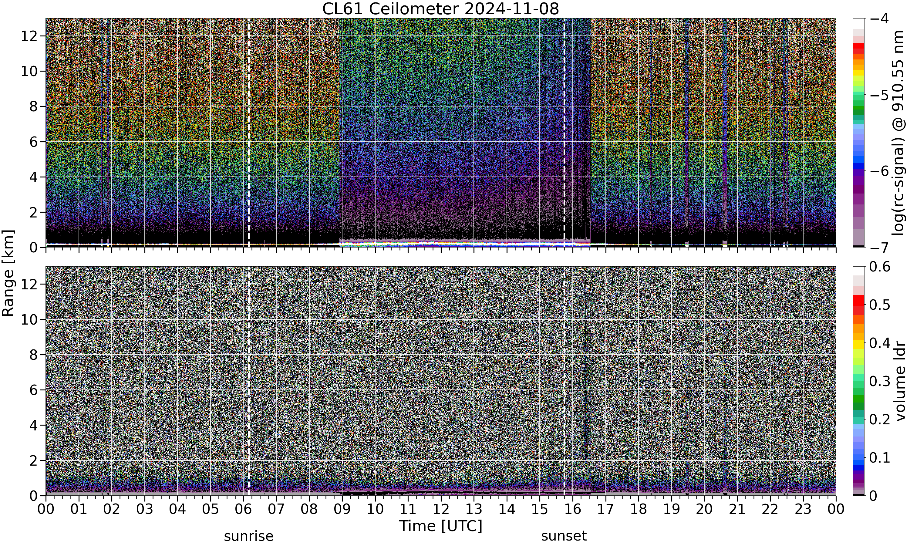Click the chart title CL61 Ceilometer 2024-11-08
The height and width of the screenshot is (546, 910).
(x=441, y=9)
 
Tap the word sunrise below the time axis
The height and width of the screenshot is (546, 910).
(x=249, y=536)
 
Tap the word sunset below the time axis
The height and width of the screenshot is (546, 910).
(x=564, y=536)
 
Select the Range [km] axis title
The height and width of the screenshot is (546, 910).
(x=8, y=273)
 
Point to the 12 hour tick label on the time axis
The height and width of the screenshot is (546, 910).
(x=441, y=510)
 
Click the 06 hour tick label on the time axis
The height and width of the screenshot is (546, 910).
(x=243, y=510)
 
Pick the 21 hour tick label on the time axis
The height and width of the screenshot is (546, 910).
(x=737, y=510)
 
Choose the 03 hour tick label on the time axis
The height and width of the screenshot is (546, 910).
(x=145, y=510)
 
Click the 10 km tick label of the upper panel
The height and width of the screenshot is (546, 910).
(x=29, y=71)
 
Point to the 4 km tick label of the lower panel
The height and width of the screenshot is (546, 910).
(x=34, y=425)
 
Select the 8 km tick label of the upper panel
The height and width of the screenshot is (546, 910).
(x=34, y=107)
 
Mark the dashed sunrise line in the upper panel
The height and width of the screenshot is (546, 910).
(x=249, y=133)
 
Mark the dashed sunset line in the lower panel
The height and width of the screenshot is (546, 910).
(x=564, y=381)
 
